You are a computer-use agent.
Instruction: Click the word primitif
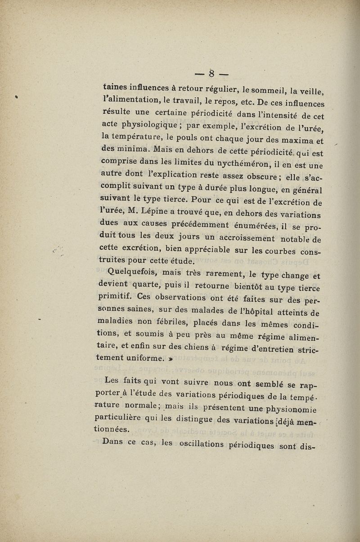[x=118, y=297]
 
